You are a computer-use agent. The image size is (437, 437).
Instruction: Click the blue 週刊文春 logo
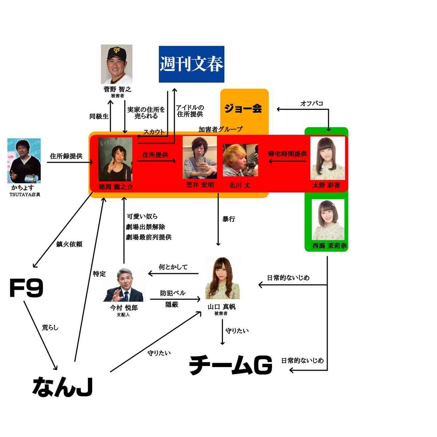click(191, 64)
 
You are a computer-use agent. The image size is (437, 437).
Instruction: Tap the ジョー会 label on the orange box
click(243, 109)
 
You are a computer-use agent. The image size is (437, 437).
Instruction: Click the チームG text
click(231, 365)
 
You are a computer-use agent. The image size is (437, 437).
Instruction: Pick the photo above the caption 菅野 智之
click(117, 64)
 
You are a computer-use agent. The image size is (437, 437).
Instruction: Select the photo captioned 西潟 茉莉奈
click(327, 219)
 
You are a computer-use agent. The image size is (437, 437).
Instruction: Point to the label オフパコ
click(311, 103)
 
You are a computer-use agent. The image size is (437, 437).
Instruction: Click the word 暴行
click(229, 219)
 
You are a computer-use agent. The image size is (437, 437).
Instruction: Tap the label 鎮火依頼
click(69, 244)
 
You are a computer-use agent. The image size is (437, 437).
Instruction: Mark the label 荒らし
click(50, 327)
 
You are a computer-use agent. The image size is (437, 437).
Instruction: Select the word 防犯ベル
click(173, 293)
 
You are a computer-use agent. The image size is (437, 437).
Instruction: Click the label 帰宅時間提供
click(287, 154)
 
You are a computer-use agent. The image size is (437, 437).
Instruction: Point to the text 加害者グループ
click(220, 129)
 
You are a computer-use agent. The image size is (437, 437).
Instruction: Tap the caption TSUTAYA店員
click(25, 194)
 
